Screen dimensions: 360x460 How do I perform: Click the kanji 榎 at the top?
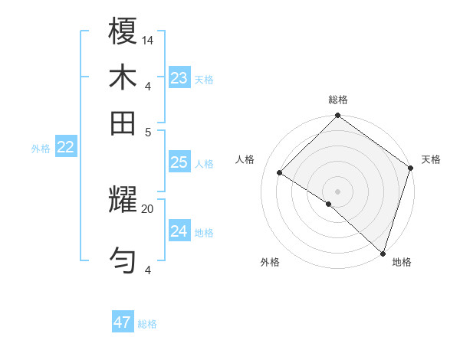coord(123,33)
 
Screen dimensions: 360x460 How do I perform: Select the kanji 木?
coord(123,78)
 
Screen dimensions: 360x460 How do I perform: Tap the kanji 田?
coord(123,122)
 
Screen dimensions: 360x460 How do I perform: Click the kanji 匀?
coord(123,260)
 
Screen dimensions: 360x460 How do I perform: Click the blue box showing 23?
coord(179,78)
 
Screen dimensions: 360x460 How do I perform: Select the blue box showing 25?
coord(179,162)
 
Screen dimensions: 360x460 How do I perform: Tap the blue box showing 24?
coord(179,231)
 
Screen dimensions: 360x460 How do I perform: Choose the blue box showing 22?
coord(66,148)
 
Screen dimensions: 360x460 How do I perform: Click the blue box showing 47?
coord(123,322)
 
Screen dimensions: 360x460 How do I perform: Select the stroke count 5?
coord(149,131)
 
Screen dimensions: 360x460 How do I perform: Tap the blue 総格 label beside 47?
coord(147,324)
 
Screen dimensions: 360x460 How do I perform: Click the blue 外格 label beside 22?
coord(41,149)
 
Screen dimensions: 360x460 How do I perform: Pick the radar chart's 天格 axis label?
coord(431,159)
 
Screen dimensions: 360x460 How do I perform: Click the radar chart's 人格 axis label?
coord(245,159)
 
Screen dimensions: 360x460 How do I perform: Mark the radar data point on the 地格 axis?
coord(383,253)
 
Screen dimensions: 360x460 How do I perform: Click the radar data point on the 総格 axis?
coord(337,116)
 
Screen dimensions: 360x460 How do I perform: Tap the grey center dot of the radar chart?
coord(337,191)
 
